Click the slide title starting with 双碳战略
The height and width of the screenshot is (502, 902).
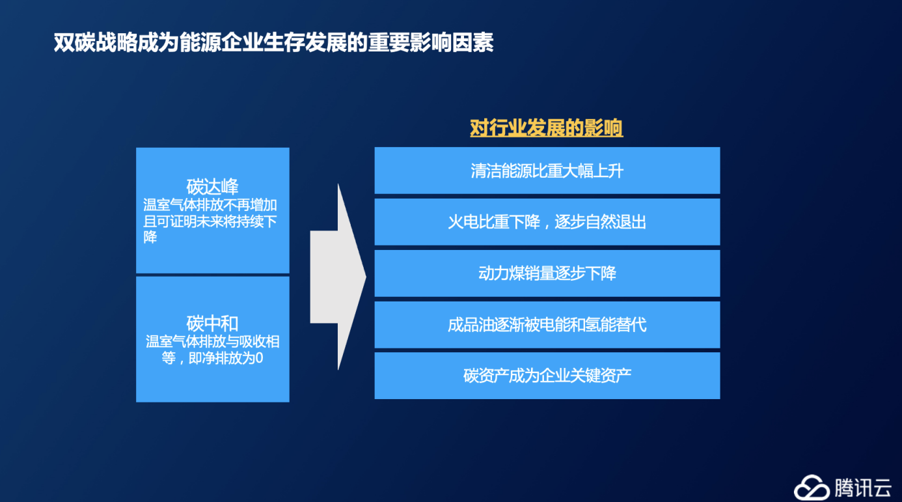(x=274, y=42)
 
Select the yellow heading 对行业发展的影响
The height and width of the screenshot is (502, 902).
(x=547, y=128)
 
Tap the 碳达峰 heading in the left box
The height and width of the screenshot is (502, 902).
(x=212, y=186)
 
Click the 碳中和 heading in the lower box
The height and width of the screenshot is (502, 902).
(x=212, y=323)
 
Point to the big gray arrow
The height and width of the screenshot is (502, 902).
(x=338, y=277)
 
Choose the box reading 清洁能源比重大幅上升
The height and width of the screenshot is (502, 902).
(x=547, y=171)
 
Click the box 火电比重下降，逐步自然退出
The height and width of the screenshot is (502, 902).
(x=547, y=221)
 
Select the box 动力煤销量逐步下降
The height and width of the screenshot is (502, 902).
(x=547, y=273)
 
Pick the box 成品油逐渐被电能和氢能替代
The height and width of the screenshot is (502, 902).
(x=547, y=325)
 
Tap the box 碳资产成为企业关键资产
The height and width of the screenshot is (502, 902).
(x=547, y=376)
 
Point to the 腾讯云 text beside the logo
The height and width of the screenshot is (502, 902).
(x=863, y=488)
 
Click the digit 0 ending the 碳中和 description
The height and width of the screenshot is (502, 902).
(x=259, y=357)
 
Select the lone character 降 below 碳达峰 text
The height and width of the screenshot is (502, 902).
(x=150, y=237)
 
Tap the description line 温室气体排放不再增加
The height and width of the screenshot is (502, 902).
(x=210, y=204)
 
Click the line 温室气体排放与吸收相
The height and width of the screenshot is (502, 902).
(x=213, y=342)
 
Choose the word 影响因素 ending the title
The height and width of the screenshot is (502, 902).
(x=452, y=42)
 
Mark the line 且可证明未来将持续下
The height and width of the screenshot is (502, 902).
(x=210, y=221)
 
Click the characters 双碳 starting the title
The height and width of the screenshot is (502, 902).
(x=74, y=42)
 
